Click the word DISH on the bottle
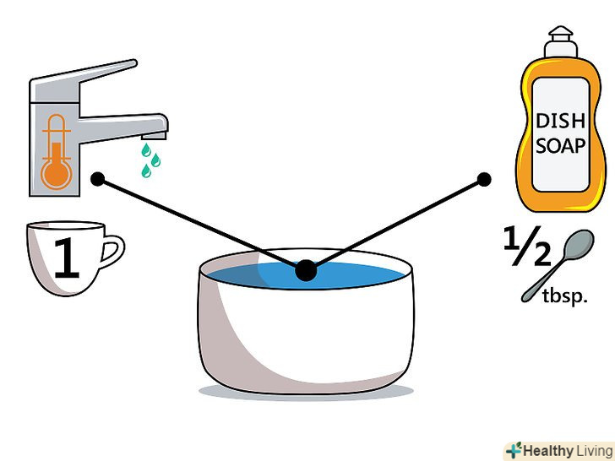coord(560,121)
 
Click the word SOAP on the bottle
coord(560,146)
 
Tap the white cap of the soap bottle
coord(560,42)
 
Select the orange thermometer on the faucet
coord(57,152)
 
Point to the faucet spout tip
coord(154,136)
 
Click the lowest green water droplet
coord(146,171)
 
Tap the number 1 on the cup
coord(67,258)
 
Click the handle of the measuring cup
coord(112,251)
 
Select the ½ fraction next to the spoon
coord(527,246)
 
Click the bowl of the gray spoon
coord(578,244)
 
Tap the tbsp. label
coord(565,296)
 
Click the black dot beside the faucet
coord(98,179)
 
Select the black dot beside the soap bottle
coord(484,180)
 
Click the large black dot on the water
coord(306,270)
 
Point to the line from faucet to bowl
coord(202,225)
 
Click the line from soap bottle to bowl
coord(395,225)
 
